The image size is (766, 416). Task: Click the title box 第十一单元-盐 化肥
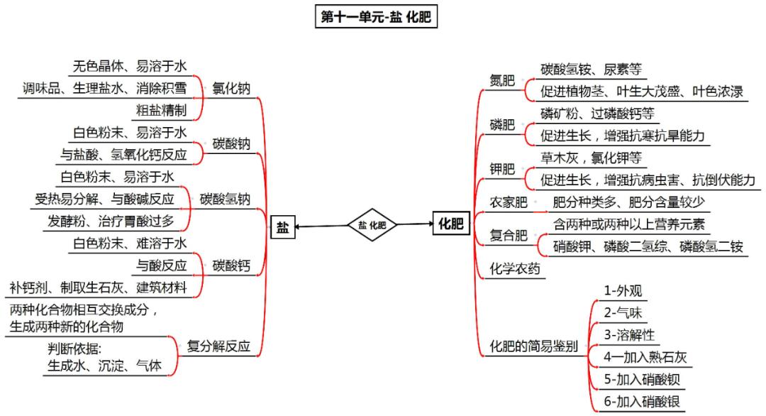375,17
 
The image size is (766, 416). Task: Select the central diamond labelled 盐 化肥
372,225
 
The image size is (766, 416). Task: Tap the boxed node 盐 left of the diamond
282,226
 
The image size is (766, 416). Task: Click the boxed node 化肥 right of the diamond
450,225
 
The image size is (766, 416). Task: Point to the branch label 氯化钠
231,89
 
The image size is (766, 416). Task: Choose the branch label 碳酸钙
231,266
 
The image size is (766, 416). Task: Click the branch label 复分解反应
218,346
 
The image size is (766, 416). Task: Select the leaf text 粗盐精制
161,110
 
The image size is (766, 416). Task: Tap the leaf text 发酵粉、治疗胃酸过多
111,221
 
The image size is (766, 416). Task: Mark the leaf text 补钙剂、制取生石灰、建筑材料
98,288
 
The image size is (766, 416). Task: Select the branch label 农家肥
509,202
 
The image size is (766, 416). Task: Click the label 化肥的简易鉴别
534,346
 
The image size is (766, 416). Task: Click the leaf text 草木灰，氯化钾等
591,158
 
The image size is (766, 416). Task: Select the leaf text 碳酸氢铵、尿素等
591,70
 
